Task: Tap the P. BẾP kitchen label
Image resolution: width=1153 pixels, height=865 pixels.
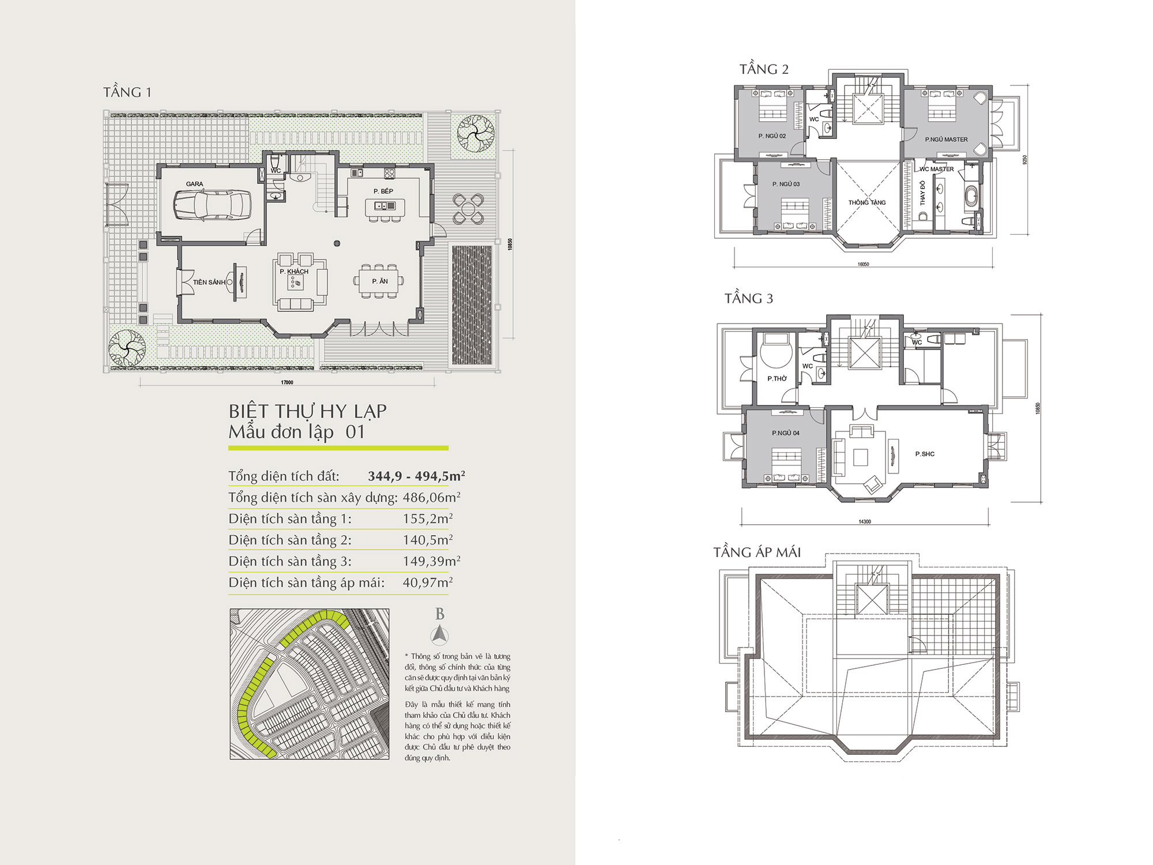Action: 383,191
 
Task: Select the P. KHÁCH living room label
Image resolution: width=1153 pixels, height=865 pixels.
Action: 294,271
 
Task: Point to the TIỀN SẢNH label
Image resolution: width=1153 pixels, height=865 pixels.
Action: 209,282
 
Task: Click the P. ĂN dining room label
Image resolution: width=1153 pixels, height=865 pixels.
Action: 380,281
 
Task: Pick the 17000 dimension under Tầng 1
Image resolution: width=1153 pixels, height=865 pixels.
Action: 287,382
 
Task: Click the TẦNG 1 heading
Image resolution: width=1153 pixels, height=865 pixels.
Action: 127,92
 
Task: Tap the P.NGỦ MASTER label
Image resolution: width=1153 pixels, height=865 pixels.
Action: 946,140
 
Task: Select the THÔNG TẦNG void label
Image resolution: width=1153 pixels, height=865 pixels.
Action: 866,202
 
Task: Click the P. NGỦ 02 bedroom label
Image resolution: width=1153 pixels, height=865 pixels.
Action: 772,136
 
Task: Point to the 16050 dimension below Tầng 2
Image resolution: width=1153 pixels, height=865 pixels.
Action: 863,265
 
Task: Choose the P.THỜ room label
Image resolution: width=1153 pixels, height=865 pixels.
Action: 777,378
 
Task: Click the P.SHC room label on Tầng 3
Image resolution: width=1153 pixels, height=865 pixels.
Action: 925,454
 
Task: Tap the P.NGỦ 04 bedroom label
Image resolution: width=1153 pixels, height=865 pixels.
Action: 786,433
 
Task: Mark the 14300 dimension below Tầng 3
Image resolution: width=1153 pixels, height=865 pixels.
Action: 865,522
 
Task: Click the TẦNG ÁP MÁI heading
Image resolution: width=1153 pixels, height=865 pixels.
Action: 757,552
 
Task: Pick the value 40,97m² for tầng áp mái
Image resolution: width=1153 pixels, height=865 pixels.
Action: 428,582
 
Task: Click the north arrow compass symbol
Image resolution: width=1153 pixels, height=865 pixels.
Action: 440,635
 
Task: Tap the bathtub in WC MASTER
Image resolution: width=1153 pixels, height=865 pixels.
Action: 971,197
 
